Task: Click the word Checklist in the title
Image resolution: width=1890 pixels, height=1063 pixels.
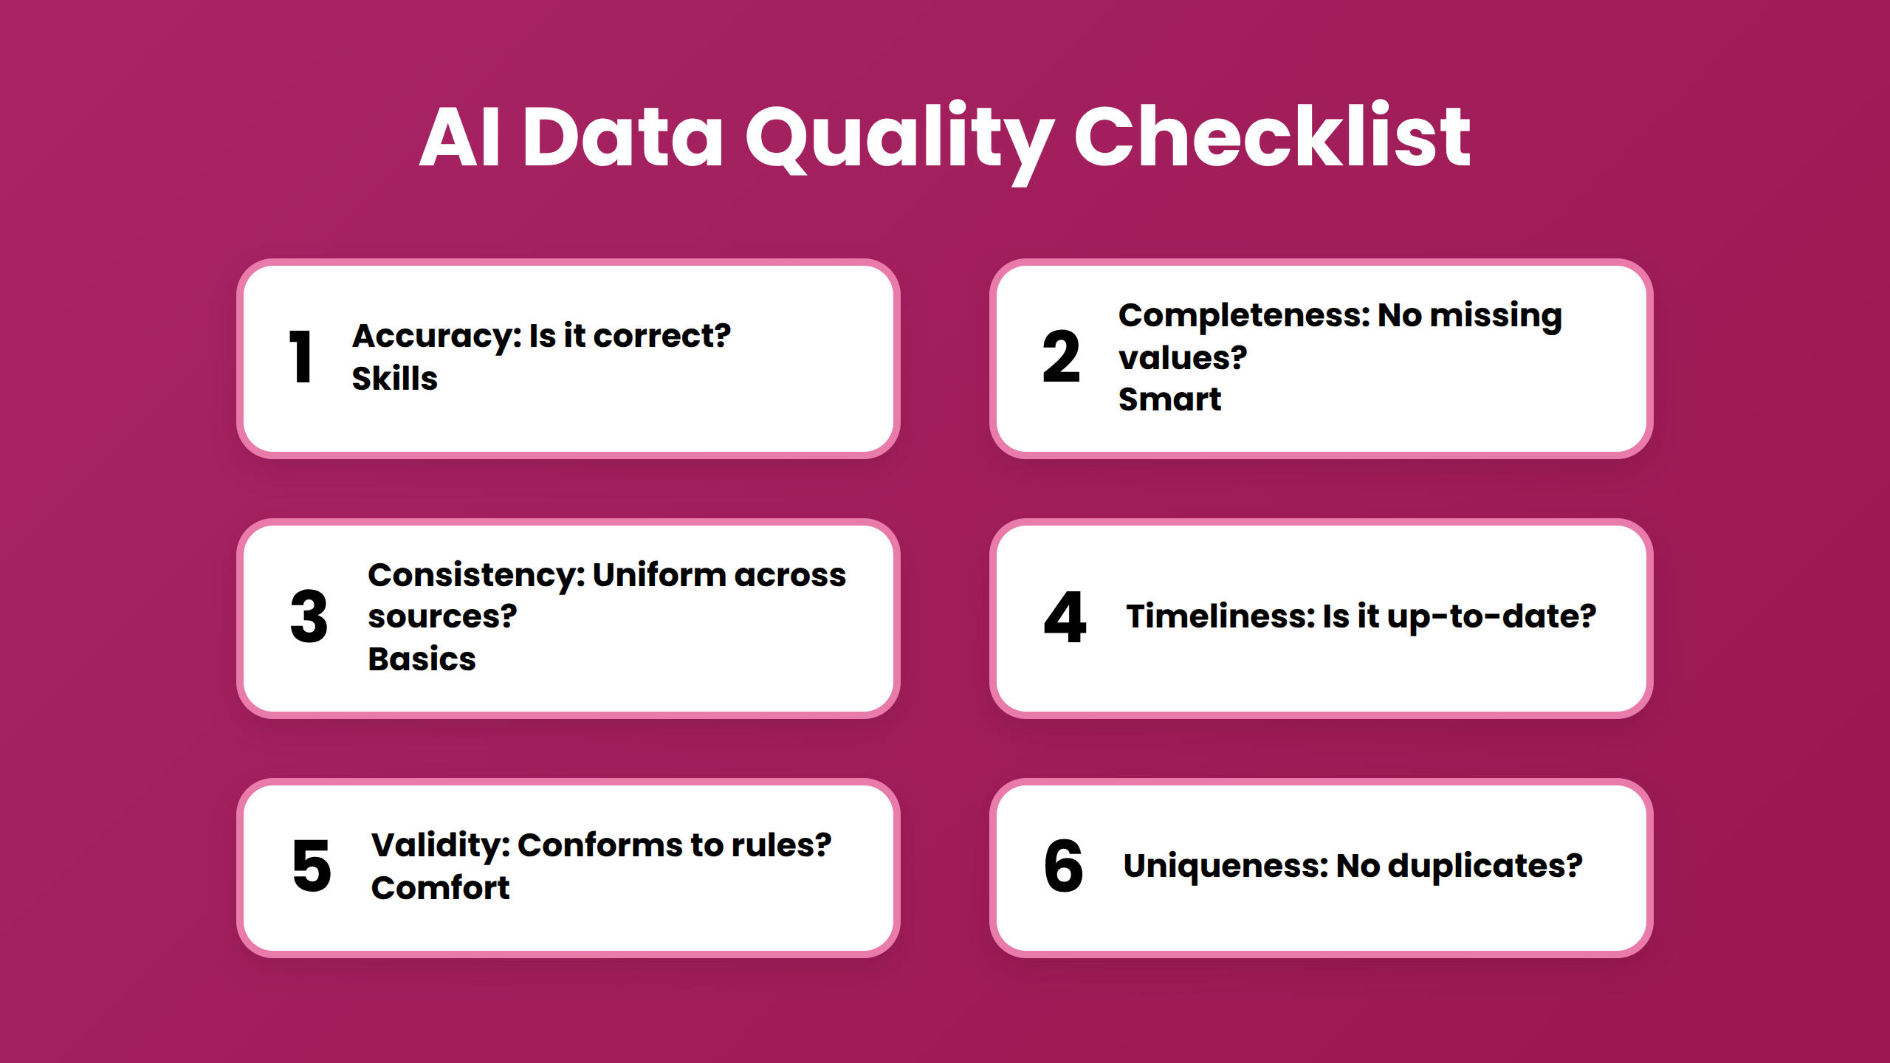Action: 1271,137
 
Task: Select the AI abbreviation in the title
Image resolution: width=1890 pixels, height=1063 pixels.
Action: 461,137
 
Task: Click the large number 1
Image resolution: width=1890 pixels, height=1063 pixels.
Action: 301,357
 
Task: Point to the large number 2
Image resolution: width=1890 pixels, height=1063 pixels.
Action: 1061,357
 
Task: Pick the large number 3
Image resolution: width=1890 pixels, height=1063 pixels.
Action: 309,617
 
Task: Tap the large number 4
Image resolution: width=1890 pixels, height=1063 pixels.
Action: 1065,617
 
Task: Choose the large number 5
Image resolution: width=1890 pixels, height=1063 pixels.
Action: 312,866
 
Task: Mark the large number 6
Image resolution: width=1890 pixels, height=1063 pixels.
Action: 1063,866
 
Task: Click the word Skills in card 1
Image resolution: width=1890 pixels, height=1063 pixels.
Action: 394,379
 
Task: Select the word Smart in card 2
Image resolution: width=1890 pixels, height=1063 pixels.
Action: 1169,399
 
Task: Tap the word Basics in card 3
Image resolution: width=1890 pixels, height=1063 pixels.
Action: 422,659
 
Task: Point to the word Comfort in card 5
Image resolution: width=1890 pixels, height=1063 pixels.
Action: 440,888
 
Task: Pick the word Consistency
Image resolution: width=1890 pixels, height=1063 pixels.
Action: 475,576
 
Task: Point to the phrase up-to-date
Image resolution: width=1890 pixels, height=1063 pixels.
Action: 1491,617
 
